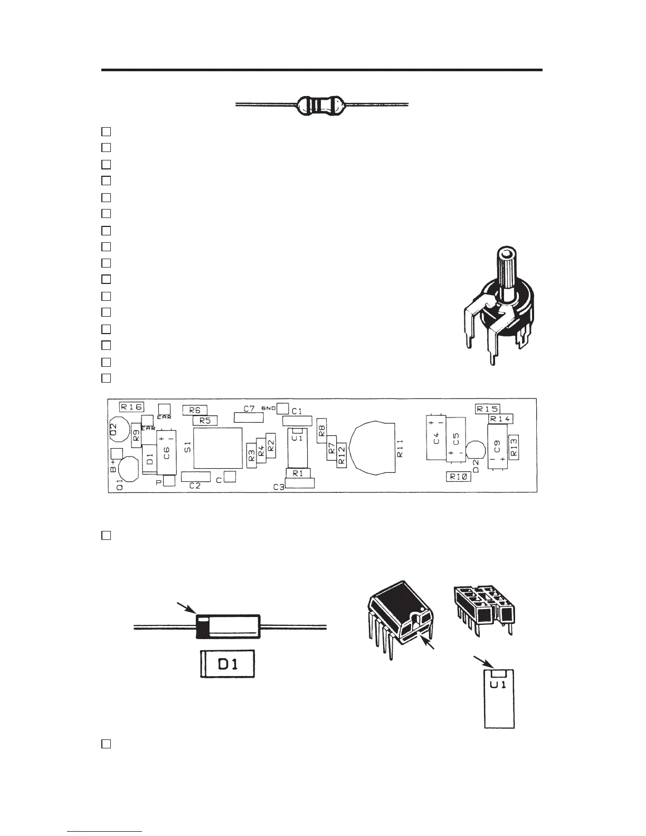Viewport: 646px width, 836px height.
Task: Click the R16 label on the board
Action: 131,406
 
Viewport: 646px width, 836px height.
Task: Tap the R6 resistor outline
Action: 195,410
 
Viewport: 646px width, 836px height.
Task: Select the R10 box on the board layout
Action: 459,476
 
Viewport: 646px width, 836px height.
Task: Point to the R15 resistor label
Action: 488,408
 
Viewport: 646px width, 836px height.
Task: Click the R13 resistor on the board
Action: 514,446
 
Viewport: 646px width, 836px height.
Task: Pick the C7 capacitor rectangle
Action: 249,417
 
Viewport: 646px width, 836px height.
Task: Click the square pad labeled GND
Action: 283,408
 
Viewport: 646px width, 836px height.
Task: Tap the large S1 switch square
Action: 217,448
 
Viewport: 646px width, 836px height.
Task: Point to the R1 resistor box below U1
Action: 298,473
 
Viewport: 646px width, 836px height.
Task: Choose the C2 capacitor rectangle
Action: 195,476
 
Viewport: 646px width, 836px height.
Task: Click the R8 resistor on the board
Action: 321,430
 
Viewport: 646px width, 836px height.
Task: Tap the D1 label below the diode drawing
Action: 227,664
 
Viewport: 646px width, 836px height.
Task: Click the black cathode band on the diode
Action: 202,626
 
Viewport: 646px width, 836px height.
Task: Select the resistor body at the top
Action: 320,105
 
